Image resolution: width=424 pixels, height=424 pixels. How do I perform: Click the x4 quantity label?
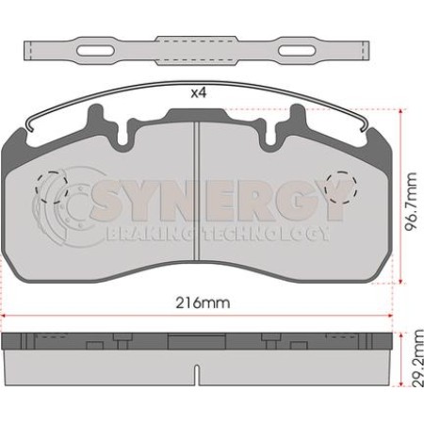[x=197, y=93]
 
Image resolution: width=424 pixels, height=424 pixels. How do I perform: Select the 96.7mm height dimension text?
[x=413, y=196]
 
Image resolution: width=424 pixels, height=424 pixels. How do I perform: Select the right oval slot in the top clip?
[x=295, y=50]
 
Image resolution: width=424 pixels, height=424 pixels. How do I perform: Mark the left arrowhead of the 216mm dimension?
[x=4, y=316]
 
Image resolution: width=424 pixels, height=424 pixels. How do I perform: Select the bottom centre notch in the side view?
[x=195, y=377]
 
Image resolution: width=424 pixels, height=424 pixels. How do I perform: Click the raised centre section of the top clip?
[x=194, y=50]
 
